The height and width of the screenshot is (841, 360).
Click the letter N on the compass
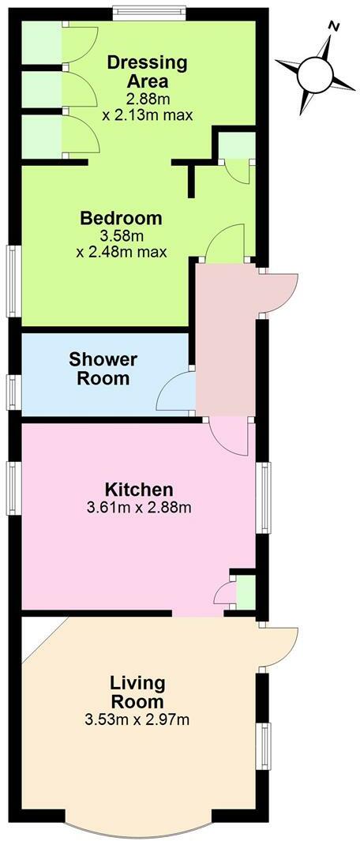tap(334, 28)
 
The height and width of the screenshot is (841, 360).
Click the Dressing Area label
tap(137, 71)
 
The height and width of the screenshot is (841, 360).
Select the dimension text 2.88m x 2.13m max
tap(136, 107)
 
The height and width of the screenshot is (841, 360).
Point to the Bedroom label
tap(121, 218)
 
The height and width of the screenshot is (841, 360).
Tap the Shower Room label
tap(103, 369)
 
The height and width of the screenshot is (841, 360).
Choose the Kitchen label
tap(140, 489)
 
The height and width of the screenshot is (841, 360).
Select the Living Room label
tap(137, 692)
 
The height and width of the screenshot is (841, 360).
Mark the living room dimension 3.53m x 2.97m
tap(138, 719)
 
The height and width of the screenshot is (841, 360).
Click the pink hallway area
tap(226, 340)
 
